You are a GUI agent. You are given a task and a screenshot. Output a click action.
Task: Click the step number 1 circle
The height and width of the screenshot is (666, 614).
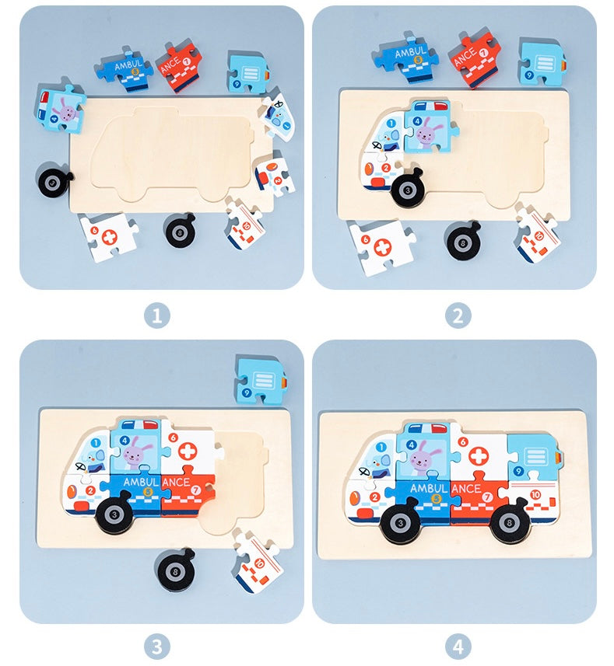coord(157,316)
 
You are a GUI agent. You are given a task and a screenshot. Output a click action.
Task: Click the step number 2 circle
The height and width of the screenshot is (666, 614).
coord(458,316)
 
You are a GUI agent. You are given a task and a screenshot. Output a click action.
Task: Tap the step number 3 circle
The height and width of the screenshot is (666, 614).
coord(157,647)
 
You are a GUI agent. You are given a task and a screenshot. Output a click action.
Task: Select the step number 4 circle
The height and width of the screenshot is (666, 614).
coord(458,647)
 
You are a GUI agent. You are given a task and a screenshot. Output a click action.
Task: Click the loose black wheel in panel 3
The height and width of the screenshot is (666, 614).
coord(176,570)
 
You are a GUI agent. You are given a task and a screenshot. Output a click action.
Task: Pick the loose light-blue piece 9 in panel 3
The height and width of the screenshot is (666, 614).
coord(260,381)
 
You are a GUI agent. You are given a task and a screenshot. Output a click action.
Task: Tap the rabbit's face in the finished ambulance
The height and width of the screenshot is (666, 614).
coord(420,459)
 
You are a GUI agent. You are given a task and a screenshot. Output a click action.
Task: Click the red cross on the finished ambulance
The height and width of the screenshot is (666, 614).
coord(479,455)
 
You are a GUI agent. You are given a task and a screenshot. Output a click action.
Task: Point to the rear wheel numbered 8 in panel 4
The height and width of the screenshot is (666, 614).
coord(508,522)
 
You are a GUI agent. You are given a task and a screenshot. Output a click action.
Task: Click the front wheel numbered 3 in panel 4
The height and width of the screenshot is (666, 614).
coord(400,522)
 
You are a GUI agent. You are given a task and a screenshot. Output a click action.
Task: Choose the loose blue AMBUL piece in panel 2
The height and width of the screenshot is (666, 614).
coord(405,58)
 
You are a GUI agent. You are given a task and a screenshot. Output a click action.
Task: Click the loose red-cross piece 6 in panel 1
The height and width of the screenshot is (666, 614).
coord(109,236)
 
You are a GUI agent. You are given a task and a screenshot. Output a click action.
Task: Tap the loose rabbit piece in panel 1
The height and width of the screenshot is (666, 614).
coord(59,108)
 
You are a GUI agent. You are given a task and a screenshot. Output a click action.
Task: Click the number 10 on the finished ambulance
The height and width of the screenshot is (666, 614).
coord(535,494)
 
